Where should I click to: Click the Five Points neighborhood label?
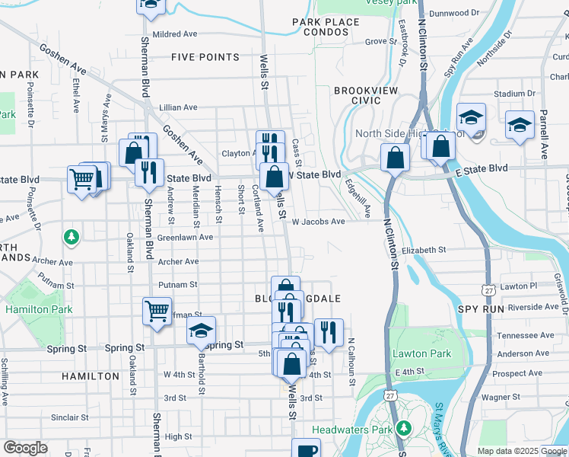(205, 57)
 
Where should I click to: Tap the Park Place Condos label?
(326, 27)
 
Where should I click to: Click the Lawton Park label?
(422, 354)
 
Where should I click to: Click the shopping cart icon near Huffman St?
(157, 310)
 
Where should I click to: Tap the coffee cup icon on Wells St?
(306, 450)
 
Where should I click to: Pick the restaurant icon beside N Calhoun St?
(329, 332)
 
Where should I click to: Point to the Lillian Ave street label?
(178, 107)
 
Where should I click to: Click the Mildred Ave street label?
(174, 34)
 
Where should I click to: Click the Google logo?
(25, 448)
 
